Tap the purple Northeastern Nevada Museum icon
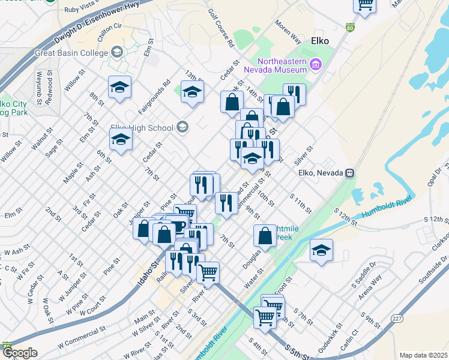(x=315, y=64)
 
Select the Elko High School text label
(x=142, y=127)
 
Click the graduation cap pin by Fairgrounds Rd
(x=192, y=92)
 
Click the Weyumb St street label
(x=39, y=86)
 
